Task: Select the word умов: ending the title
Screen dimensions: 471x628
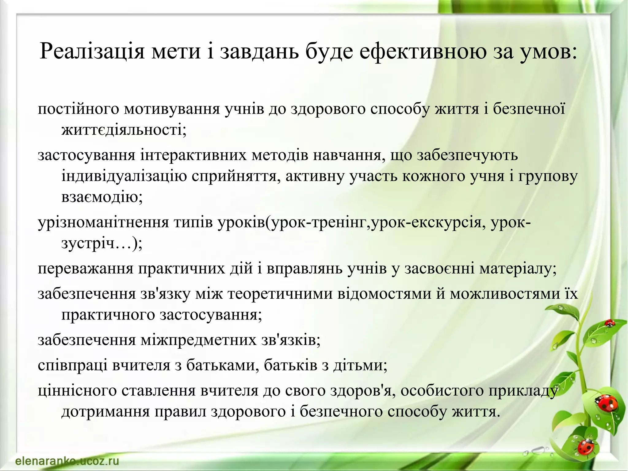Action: tap(552, 51)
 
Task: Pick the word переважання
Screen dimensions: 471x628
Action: tap(86, 268)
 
